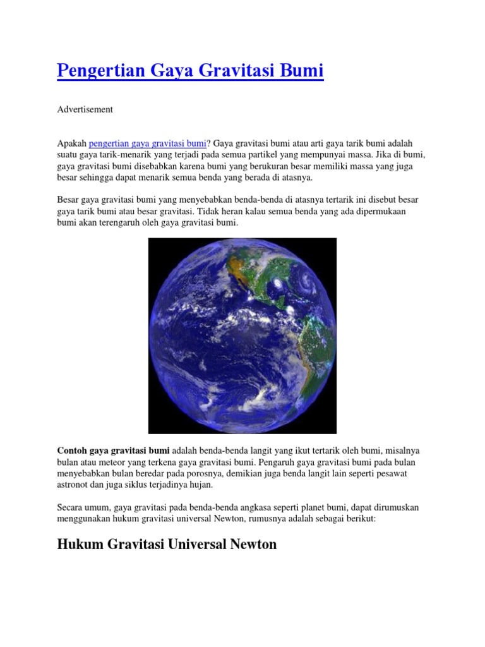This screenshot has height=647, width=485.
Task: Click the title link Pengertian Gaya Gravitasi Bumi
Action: tap(190, 71)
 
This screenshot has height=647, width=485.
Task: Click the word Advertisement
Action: tap(85, 109)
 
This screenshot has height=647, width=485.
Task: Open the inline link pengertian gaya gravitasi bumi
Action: tap(148, 143)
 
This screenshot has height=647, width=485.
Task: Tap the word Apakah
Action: tap(71, 143)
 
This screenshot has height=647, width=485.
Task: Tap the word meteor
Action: tap(119, 462)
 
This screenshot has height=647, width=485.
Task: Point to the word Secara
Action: tap(72, 507)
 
